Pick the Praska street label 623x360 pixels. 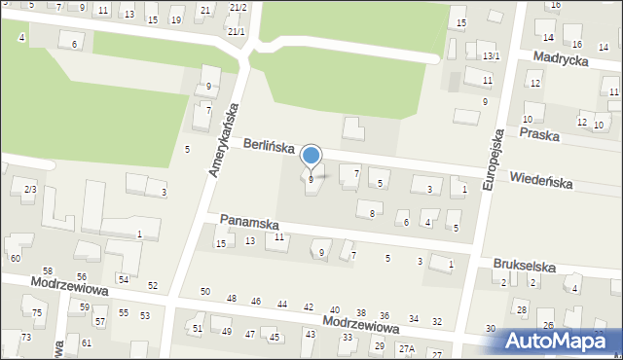pyautogui.click(x=539, y=134)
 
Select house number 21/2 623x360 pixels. pyautogui.click(x=238, y=8)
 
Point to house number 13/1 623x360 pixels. pyautogui.click(x=492, y=56)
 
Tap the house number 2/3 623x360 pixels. pyautogui.click(x=30, y=189)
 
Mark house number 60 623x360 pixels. pyautogui.click(x=15, y=258)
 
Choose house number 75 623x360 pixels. pyautogui.click(x=37, y=312)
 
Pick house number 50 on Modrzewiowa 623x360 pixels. pyautogui.click(x=204, y=292)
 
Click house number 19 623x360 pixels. pyautogui.click(x=175, y=19)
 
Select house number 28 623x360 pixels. pyautogui.click(x=522, y=309)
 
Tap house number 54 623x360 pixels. pyautogui.click(x=124, y=279)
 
